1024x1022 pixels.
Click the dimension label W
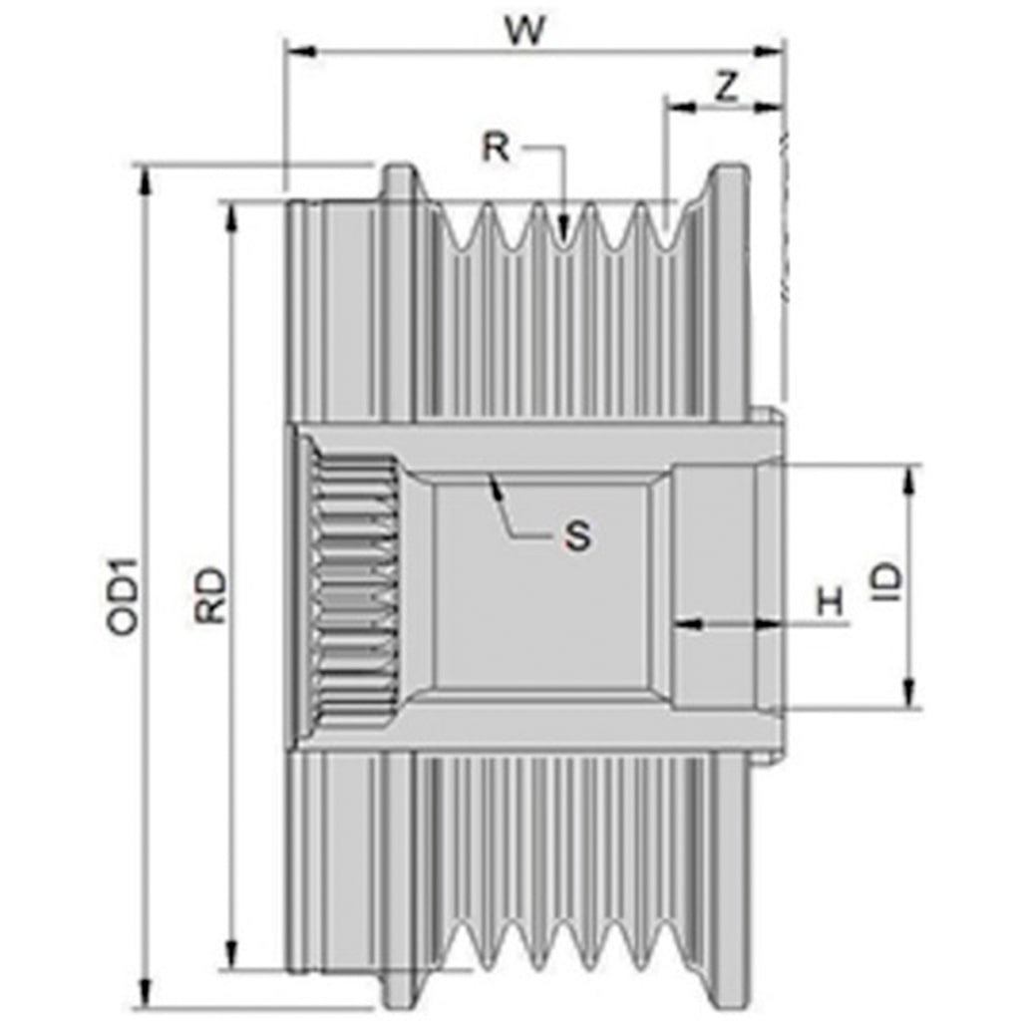pyautogui.click(x=524, y=30)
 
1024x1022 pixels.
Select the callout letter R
pyautogui.click(x=495, y=147)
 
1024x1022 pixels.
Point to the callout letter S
pyautogui.click(x=577, y=536)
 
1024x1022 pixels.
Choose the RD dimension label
pyautogui.click(x=211, y=595)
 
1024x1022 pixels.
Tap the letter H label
pyautogui.click(x=831, y=601)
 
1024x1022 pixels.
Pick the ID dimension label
pyautogui.click(x=888, y=582)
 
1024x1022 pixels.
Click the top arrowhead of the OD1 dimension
pyautogui.click(x=145, y=180)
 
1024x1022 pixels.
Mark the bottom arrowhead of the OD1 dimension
pyautogui.click(x=145, y=998)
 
